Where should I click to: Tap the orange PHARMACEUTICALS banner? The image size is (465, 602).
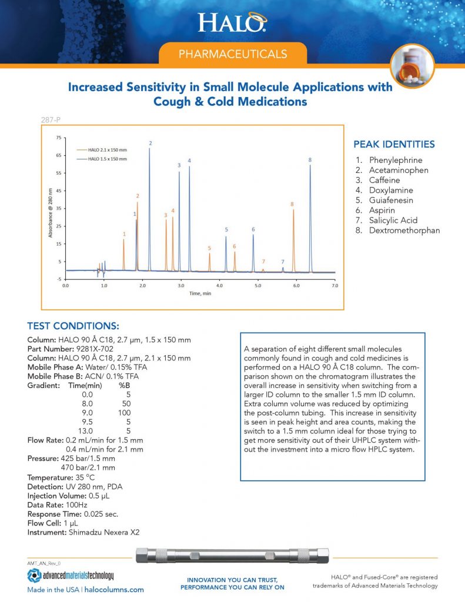233,54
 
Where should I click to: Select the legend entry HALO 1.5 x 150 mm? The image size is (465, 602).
106,159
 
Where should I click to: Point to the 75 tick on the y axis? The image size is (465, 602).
58,138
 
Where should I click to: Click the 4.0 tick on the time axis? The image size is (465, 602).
219,285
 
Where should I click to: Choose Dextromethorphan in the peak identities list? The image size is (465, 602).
404,230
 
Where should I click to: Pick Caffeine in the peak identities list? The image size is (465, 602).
384,180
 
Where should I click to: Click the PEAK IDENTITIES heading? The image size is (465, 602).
394,144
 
